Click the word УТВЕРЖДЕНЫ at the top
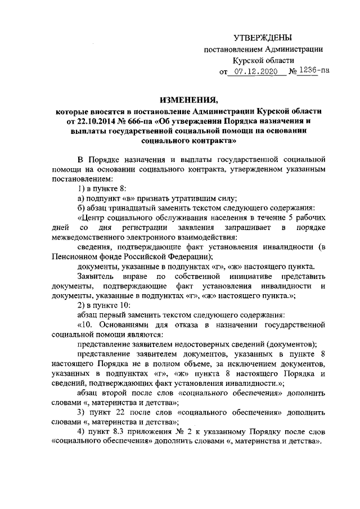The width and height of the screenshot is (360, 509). pyautogui.click(x=264, y=38)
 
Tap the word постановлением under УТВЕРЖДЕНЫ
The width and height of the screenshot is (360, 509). pyautogui.click(x=234, y=49)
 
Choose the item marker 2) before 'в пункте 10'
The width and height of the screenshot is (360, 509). pyautogui.click(x=82, y=304)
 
